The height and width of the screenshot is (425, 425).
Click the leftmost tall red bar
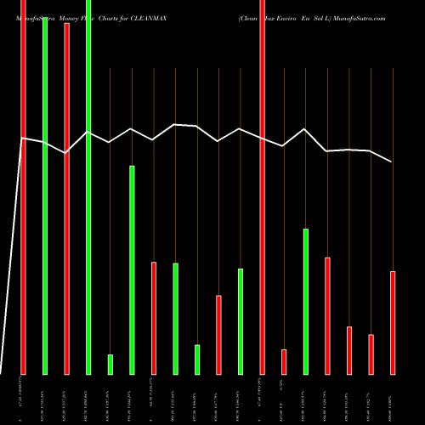24,187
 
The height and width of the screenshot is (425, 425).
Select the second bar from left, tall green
45,187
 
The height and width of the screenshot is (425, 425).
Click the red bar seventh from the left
154,318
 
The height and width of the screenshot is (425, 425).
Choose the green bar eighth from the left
176,319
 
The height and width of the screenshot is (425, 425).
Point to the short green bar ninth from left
197,359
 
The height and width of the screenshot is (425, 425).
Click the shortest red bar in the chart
284,361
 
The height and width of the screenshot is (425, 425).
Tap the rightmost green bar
306,301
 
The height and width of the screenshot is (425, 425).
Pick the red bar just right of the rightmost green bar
327,315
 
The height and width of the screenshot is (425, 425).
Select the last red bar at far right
392,322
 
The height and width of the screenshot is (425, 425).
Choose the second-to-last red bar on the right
371,354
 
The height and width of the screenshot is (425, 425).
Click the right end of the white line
392,161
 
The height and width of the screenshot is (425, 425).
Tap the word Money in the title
61,17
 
